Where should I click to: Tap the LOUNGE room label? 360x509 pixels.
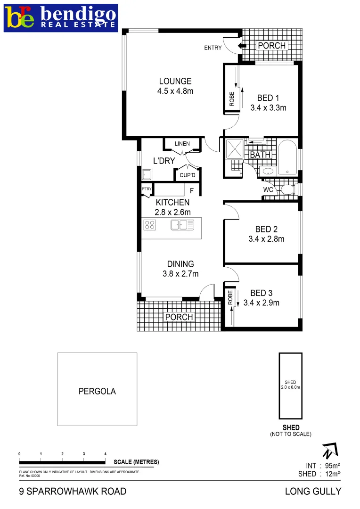coord(175,81)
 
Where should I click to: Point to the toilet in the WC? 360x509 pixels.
coord(286,190)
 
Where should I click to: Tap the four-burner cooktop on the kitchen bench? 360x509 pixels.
coord(150,225)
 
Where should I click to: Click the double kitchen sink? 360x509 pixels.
coord(182,225)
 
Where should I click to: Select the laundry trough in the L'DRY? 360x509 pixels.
coord(146,175)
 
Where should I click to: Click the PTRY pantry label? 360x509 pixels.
coord(147,189)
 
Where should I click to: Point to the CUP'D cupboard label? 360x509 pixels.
coord(187,175)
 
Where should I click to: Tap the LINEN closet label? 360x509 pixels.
coord(182,144)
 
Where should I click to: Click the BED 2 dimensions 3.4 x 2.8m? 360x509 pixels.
coord(266,239)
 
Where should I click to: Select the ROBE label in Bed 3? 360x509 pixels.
coord(230,297)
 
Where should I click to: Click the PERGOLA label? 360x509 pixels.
coord(97,391)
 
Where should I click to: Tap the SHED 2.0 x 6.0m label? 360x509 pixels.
coord(290,385)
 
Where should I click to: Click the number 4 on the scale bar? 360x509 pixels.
coord(105,454)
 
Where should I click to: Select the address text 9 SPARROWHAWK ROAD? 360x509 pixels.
coord(73,492)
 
